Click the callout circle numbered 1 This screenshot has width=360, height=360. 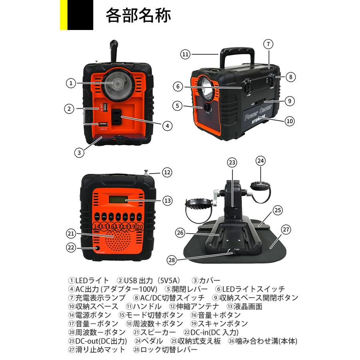pos(70,83)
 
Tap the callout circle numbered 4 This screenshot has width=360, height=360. pos(168,126)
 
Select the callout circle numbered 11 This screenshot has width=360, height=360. pos(184,54)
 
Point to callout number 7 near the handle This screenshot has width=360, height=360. pos(268,44)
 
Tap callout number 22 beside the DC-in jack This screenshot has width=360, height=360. pos(71,248)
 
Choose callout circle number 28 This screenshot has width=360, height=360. pos(172,260)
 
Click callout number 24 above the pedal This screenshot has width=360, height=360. pos(261,161)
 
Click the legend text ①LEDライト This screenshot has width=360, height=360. pos(88,280)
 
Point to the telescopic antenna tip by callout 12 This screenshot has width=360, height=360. pos(146,173)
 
